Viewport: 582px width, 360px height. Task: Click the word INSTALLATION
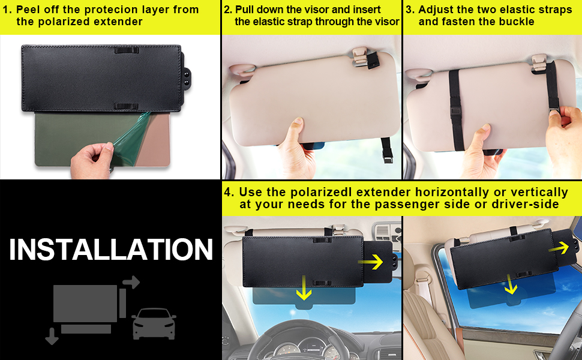click(x=111, y=250)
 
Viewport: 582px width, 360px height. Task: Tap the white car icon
click(x=154, y=323)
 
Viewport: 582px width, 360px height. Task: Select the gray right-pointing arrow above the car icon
click(x=131, y=282)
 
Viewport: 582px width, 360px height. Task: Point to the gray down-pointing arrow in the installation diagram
click(x=52, y=337)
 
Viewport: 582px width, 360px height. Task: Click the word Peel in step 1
click(x=29, y=10)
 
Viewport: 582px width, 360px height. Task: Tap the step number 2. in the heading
click(x=228, y=10)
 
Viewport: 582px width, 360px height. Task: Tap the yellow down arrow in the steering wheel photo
click(x=305, y=289)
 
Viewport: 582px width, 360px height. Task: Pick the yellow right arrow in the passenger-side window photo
click(x=562, y=248)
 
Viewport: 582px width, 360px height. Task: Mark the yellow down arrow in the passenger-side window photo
click(x=511, y=284)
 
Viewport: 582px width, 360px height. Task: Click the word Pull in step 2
click(x=246, y=10)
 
